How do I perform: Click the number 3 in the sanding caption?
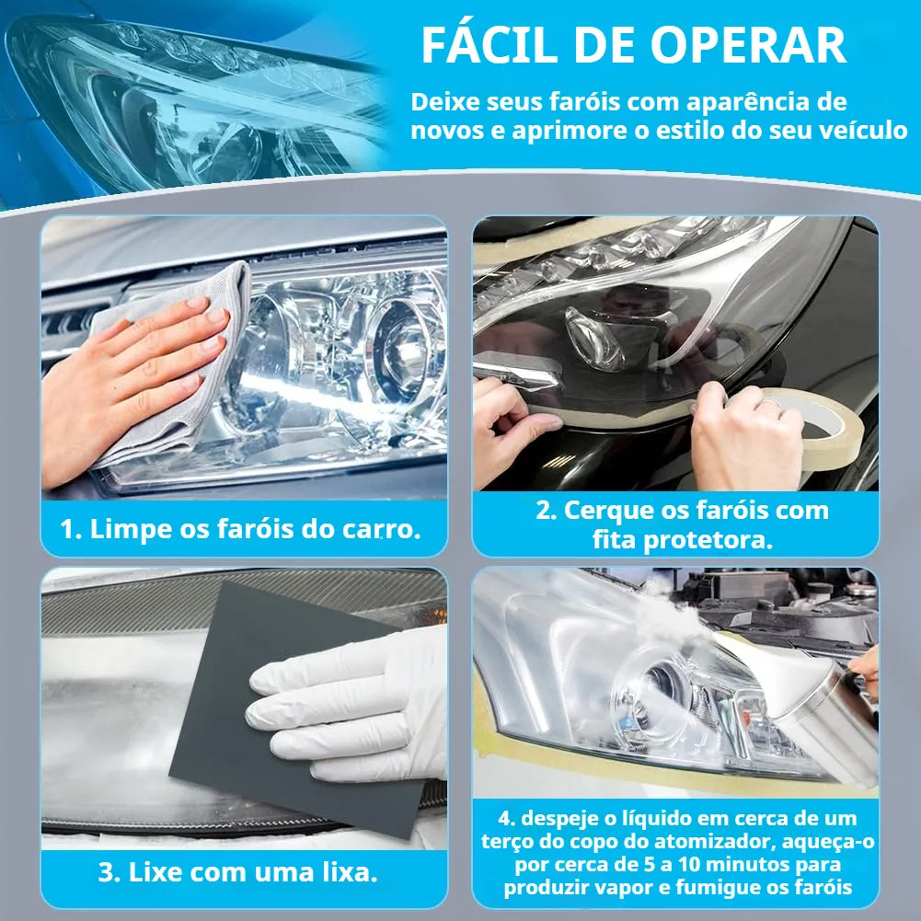point(107,872)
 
